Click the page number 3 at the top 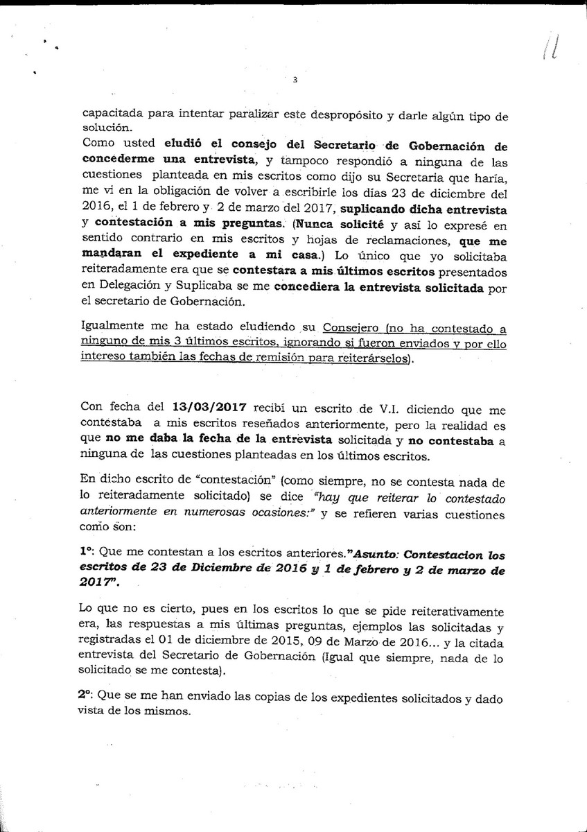295,80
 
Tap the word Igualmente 114,327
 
